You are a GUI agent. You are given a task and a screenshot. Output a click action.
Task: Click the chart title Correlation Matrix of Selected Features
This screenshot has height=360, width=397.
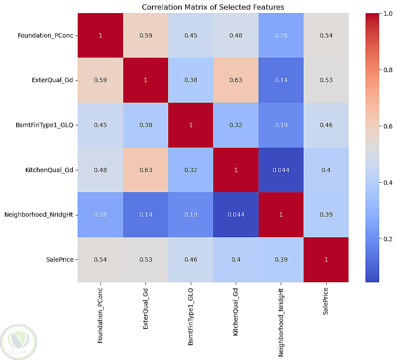pyautogui.click(x=213, y=7)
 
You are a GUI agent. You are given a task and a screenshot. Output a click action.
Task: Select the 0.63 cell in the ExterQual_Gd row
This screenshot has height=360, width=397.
pyautogui.click(x=236, y=80)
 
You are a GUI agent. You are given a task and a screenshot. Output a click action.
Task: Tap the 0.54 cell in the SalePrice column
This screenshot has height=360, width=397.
pyautogui.click(x=326, y=35)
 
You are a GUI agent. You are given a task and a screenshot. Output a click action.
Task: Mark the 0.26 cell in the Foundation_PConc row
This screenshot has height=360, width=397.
pyautogui.click(x=281, y=35)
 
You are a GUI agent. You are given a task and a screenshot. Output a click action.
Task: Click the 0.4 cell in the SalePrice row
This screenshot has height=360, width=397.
pyautogui.click(x=236, y=260)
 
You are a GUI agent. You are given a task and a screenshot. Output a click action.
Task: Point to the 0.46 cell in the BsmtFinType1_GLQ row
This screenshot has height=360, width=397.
pyautogui.click(x=326, y=125)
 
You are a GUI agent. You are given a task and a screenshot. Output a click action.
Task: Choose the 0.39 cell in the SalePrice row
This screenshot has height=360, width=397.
pyautogui.click(x=281, y=260)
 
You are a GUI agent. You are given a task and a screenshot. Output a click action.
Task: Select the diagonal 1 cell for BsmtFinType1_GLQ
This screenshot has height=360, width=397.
pyautogui.click(x=190, y=125)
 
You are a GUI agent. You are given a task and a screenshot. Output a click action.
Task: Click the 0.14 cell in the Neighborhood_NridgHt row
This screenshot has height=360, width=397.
pyautogui.click(x=145, y=215)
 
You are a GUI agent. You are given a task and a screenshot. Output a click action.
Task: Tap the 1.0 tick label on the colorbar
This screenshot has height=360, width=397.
pyautogui.click(x=387, y=14)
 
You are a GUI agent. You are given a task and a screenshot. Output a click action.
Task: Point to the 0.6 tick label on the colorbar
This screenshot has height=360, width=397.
pyautogui.click(x=387, y=126)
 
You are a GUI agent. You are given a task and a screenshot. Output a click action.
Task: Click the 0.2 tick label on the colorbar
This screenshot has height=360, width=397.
pyautogui.click(x=387, y=239)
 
